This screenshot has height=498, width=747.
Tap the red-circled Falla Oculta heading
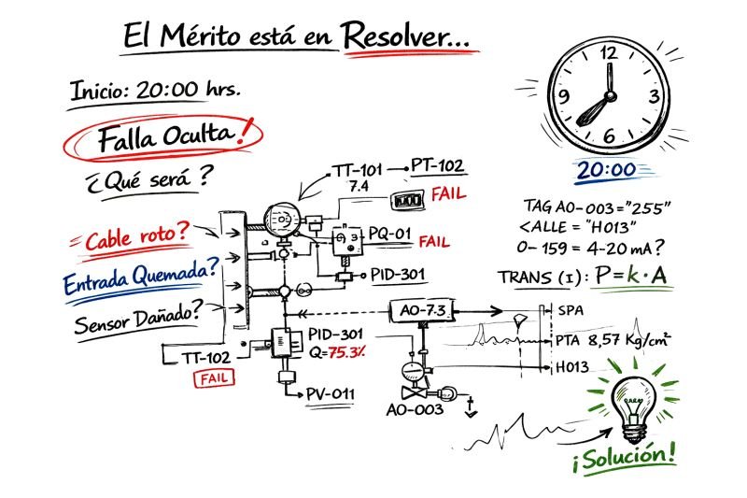pos(168,137)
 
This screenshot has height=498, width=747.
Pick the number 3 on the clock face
pos(655,95)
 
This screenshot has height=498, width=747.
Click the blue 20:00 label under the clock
pos(606,170)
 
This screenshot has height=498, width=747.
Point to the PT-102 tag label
pos(438,166)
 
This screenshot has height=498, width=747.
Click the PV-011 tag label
pos(331,393)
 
